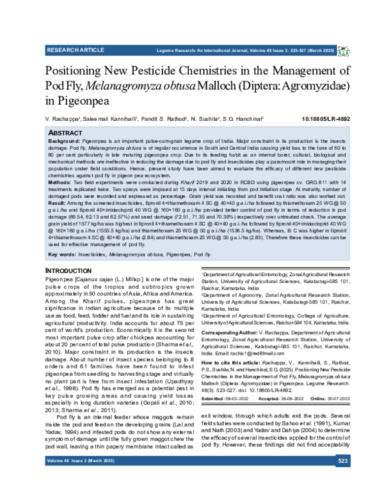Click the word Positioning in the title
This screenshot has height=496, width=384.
tap(81, 70)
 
